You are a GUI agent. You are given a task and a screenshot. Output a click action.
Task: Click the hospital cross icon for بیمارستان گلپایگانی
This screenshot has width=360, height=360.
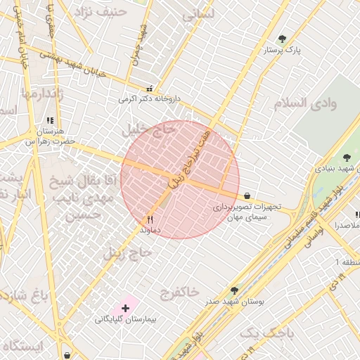(x=126, y=308)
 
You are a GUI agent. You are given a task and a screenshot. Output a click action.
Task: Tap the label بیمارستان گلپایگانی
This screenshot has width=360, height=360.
(x=126, y=319)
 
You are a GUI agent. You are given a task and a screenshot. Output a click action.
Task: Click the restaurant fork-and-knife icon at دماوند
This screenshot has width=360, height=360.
(x=150, y=219)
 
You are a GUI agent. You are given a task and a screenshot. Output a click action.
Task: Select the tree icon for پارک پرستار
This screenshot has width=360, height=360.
(x=283, y=39)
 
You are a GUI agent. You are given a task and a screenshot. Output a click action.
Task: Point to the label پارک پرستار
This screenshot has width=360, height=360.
(x=283, y=51)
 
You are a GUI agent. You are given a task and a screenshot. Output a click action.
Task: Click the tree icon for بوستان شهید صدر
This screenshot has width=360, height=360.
(x=234, y=290)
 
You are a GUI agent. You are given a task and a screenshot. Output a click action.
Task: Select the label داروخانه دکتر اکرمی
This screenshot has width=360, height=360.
(x=149, y=100)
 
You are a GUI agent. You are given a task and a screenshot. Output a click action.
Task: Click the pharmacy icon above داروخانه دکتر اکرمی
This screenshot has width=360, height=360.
(x=149, y=89)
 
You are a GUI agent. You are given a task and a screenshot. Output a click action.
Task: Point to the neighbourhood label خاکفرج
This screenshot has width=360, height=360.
(x=179, y=290)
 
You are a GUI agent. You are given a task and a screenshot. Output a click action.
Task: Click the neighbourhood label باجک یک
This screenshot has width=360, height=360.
(x=265, y=333)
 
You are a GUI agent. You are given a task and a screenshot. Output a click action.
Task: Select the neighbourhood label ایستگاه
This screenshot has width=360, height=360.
(x=22, y=346)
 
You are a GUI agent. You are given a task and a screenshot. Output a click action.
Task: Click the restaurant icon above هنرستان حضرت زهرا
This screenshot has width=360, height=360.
(x=49, y=121)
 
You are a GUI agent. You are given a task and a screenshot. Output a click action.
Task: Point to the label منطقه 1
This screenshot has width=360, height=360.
(x=347, y=262)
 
